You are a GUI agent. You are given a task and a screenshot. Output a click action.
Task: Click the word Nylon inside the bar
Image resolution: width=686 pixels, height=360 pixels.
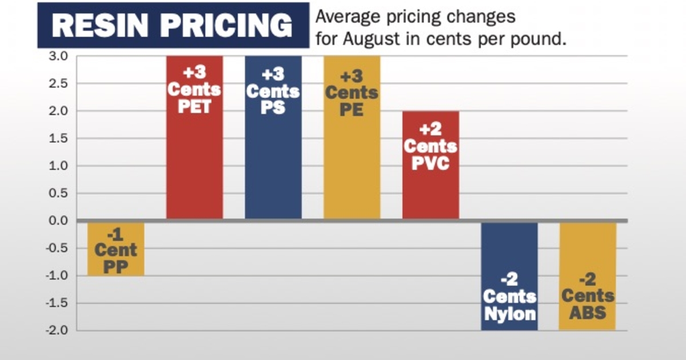point(509,314)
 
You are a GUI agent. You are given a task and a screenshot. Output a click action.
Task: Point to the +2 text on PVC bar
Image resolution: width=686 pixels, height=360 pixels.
point(430,130)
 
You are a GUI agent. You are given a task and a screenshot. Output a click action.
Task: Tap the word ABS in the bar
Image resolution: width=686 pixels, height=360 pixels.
point(588,313)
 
